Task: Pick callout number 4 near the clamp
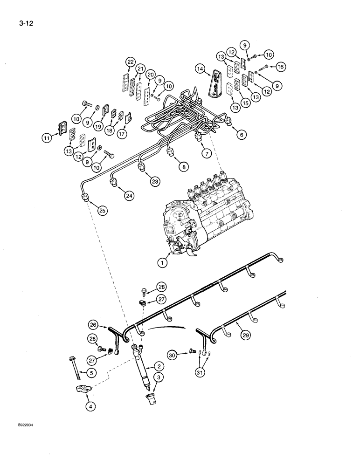[x=90, y=407]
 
